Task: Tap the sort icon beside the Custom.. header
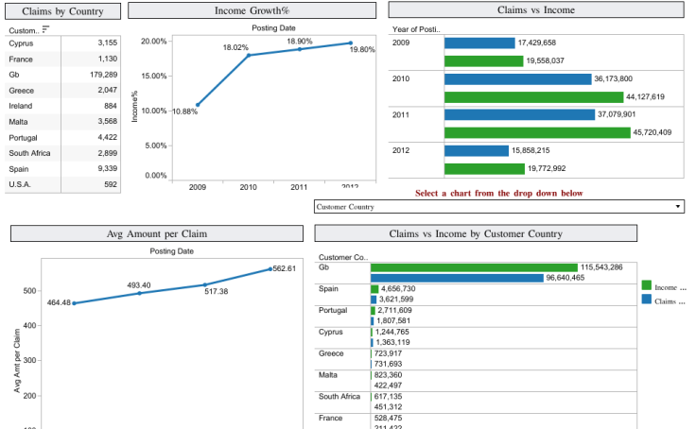(x=45, y=29)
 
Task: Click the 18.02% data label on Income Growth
(x=235, y=47)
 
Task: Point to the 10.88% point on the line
(x=198, y=105)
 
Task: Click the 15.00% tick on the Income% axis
(x=153, y=76)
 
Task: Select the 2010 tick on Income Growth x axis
(x=249, y=188)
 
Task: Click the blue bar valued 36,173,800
(x=517, y=79)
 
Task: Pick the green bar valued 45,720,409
(x=536, y=132)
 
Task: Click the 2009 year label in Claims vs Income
(x=401, y=43)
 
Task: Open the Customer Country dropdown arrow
(x=678, y=206)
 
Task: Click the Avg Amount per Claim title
(x=157, y=233)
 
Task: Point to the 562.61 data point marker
(x=270, y=269)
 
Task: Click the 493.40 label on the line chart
(x=139, y=284)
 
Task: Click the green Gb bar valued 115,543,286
(x=474, y=267)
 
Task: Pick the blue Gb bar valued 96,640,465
(x=457, y=278)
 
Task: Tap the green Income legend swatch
(x=646, y=285)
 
